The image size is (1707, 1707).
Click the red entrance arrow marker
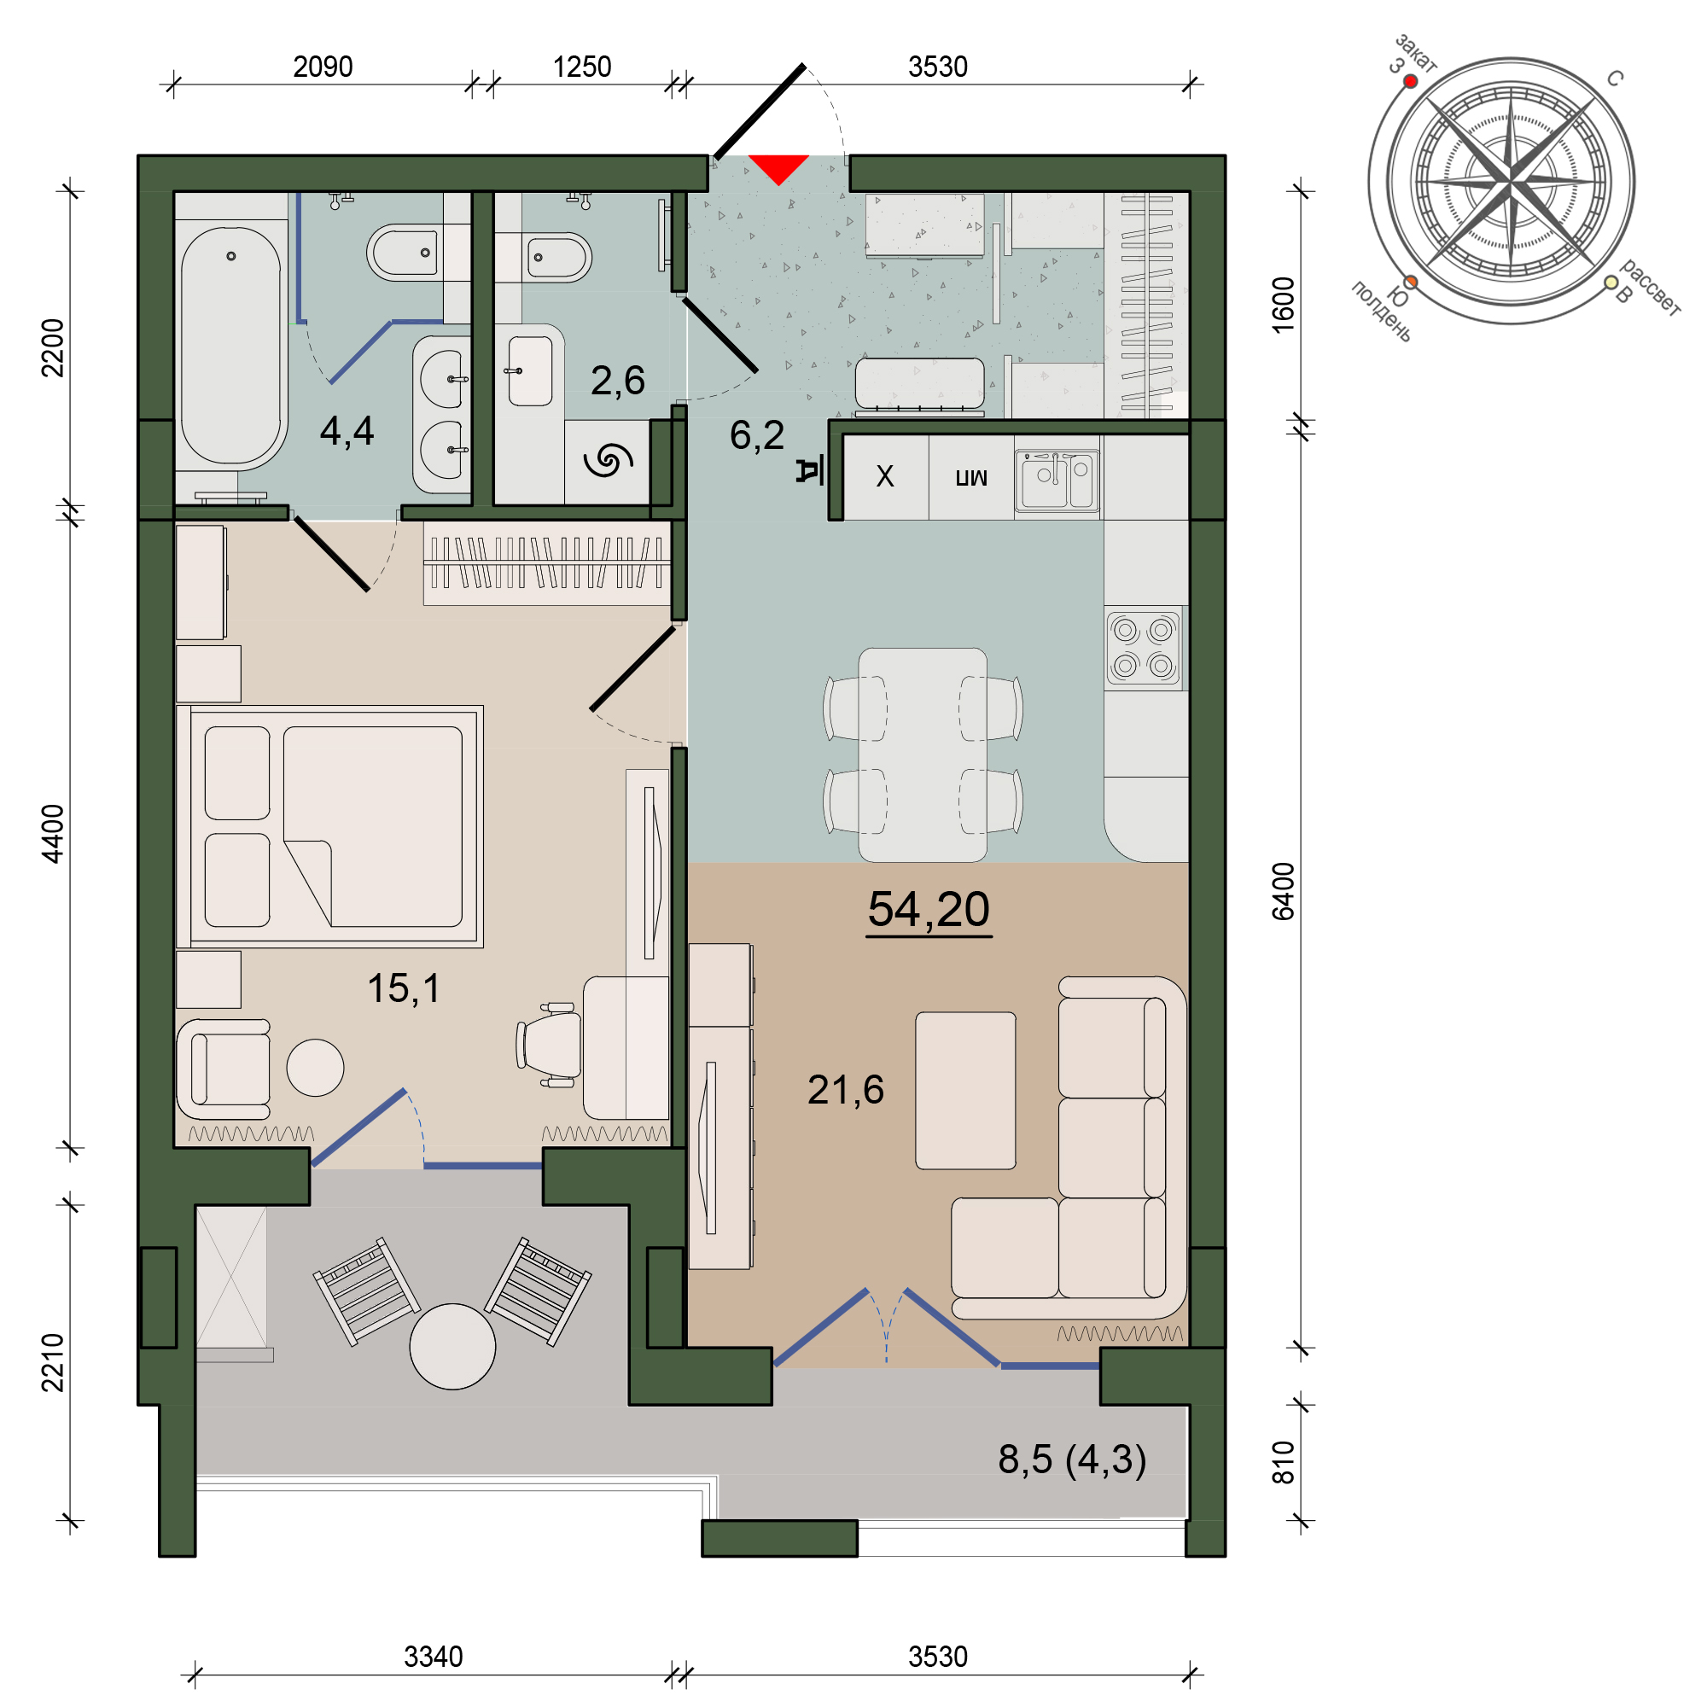[x=778, y=167]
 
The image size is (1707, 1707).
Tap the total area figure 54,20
[x=929, y=909]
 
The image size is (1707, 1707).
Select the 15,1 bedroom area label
[x=403, y=987]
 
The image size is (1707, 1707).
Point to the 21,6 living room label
[x=846, y=1089]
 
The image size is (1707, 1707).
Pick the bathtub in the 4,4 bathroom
[x=230, y=346]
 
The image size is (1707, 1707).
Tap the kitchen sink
[x=1057, y=480]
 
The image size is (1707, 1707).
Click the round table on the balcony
[x=452, y=1347]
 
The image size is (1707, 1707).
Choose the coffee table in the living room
[x=965, y=1090]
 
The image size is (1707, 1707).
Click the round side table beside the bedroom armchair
[x=316, y=1068]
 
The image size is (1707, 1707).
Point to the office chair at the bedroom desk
[x=549, y=1045]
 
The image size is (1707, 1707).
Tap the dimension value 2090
[x=323, y=67]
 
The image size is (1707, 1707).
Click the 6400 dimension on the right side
[x=1283, y=892]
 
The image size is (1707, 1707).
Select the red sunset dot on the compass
[x=1410, y=81]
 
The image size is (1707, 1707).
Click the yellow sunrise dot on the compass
[x=1611, y=282]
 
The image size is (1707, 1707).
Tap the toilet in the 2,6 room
[x=554, y=258]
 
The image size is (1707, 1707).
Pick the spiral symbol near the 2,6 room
[x=608, y=459]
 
